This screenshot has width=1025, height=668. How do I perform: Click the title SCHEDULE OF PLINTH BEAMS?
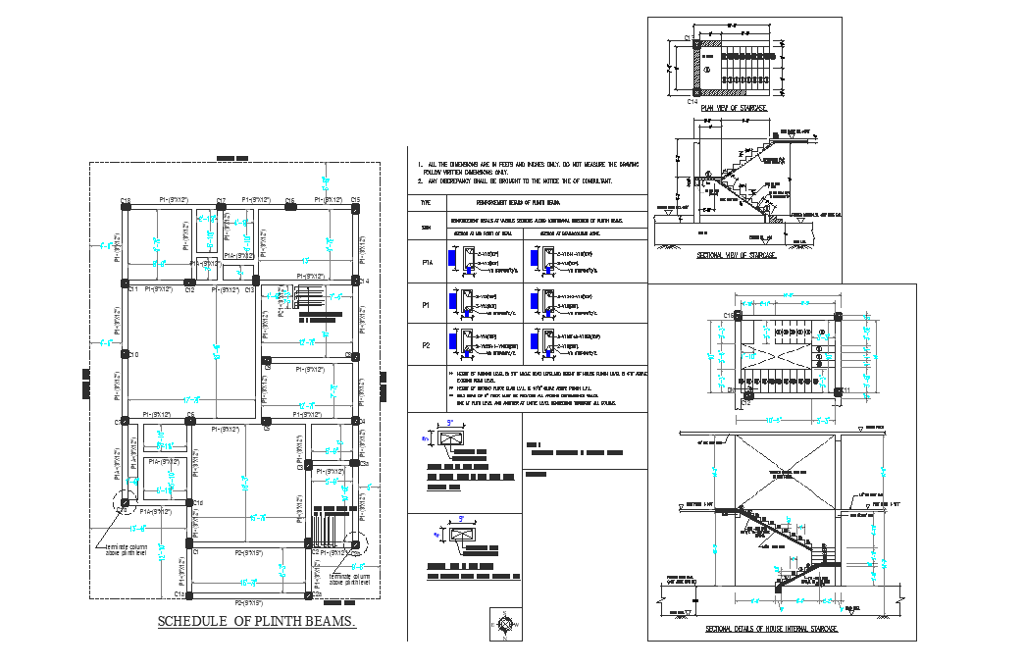(257, 622)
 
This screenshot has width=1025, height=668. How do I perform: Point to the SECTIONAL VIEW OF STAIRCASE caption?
(736, 255)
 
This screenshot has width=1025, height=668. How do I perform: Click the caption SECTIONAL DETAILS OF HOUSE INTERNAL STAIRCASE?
(771, 628)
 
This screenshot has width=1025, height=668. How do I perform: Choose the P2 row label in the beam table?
(427, 345)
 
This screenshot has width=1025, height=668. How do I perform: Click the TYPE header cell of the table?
(426, 202)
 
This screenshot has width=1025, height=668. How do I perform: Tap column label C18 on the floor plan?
(125, 201)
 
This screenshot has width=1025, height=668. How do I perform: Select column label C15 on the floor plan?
(355, 200)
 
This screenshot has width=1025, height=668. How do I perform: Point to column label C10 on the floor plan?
(132, 354)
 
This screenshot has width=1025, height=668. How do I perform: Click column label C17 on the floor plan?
(221, 200)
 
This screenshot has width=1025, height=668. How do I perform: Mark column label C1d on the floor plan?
(198, 503)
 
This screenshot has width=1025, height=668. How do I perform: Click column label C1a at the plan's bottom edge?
(179, 594)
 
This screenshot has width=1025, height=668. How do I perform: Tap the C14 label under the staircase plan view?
(692, 102)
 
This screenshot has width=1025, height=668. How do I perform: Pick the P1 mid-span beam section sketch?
(467, 305)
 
